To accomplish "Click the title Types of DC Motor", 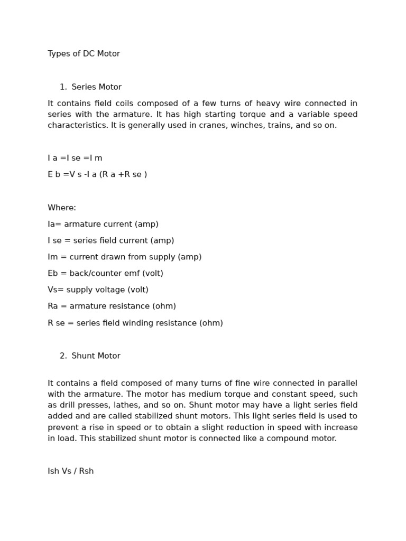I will pos(84,54).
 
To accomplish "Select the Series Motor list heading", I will pos(96,87).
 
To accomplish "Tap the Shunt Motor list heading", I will pos(96,356).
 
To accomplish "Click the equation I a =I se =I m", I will pos(75,158).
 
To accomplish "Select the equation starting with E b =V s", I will pos(97,174).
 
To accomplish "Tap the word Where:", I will pos(62,208).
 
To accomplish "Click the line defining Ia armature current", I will pos(103,224).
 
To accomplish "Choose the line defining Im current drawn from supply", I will pos(125,257).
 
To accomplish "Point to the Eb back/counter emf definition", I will pos(105,273).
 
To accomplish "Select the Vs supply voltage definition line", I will pos(98,290).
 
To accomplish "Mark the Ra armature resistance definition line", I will pos(112,306).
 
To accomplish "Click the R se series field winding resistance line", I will pos(135,323).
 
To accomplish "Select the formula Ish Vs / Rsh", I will pos(71,471).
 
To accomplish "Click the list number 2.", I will pos(63,356).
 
